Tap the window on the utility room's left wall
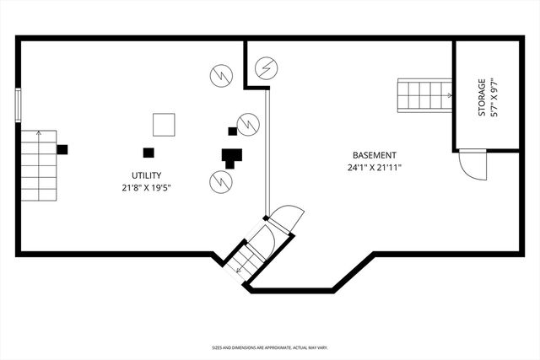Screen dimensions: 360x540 coord(18,105)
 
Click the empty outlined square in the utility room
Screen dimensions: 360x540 coord(164,125)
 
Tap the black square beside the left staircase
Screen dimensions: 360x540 coord(62,149)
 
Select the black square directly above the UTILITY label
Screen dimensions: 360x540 coord(148,153)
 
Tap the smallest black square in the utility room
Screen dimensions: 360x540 coord(232,131)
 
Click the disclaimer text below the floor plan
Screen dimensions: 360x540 coord(270,347)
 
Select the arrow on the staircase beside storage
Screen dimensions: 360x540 coord(445,96)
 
